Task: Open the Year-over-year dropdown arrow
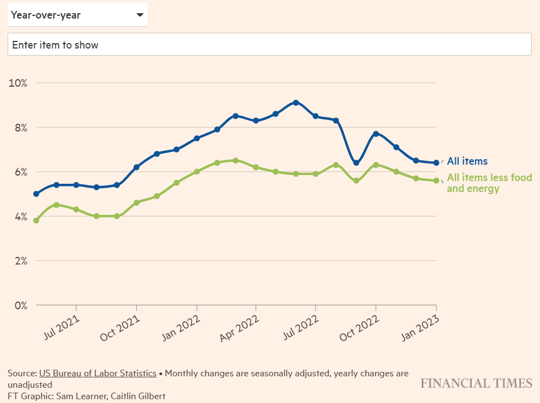click(x=140, y=15)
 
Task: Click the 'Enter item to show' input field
click(x=269, y=45)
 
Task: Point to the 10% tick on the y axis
click(x=17, y=83)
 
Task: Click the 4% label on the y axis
click(x=20, y=216)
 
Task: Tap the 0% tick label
click(x=20, y=305)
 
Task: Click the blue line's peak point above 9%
click(x=296, y=103)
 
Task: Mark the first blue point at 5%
click(x=36, y=194)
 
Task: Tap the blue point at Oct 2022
click(x=376, y=134)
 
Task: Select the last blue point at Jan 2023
click(x=436, y=163)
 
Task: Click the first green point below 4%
click(x=36, y=220)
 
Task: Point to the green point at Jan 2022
click(x=197, y=171)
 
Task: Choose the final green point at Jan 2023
click(x=436, y=181)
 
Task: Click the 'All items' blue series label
click(x=467, y=161)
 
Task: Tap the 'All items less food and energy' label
click(x=489, y=183)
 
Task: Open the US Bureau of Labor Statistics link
click(x=98, y=374)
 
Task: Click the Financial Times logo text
click(x=476, y=383)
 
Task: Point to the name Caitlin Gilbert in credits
click(x=138, y=396)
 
